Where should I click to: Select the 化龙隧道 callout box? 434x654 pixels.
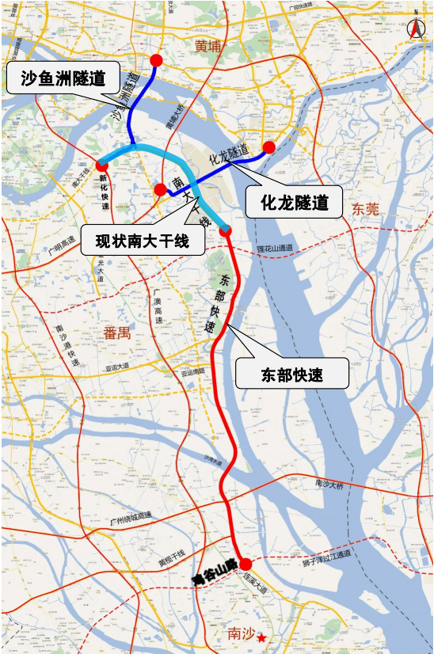point(294,202)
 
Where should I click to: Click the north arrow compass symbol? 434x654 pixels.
point(417,27)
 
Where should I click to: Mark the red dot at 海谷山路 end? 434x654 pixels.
point(246,565)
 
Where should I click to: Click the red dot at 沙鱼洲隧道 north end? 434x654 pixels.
point(157,60)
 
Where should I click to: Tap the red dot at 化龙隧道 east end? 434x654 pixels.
point(269,147)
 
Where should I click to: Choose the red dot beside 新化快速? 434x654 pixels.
point(101,165)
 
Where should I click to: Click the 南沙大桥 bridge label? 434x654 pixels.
point(329,483)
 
